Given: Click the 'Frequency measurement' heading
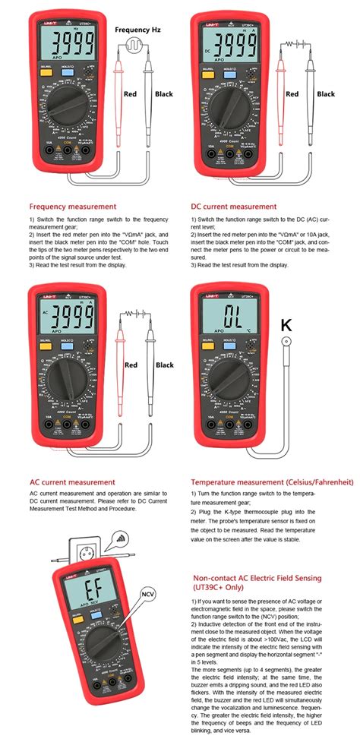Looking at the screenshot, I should (73, 206).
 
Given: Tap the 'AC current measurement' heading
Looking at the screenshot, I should (72, 482).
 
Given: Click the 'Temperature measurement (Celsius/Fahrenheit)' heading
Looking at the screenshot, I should (272, 482).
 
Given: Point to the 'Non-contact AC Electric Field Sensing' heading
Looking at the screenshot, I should (256, 583).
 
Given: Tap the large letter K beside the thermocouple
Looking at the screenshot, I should (286, 325).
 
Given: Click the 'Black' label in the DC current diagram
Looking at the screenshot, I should (326, 94).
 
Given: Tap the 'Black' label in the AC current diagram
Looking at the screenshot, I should (165, 365).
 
